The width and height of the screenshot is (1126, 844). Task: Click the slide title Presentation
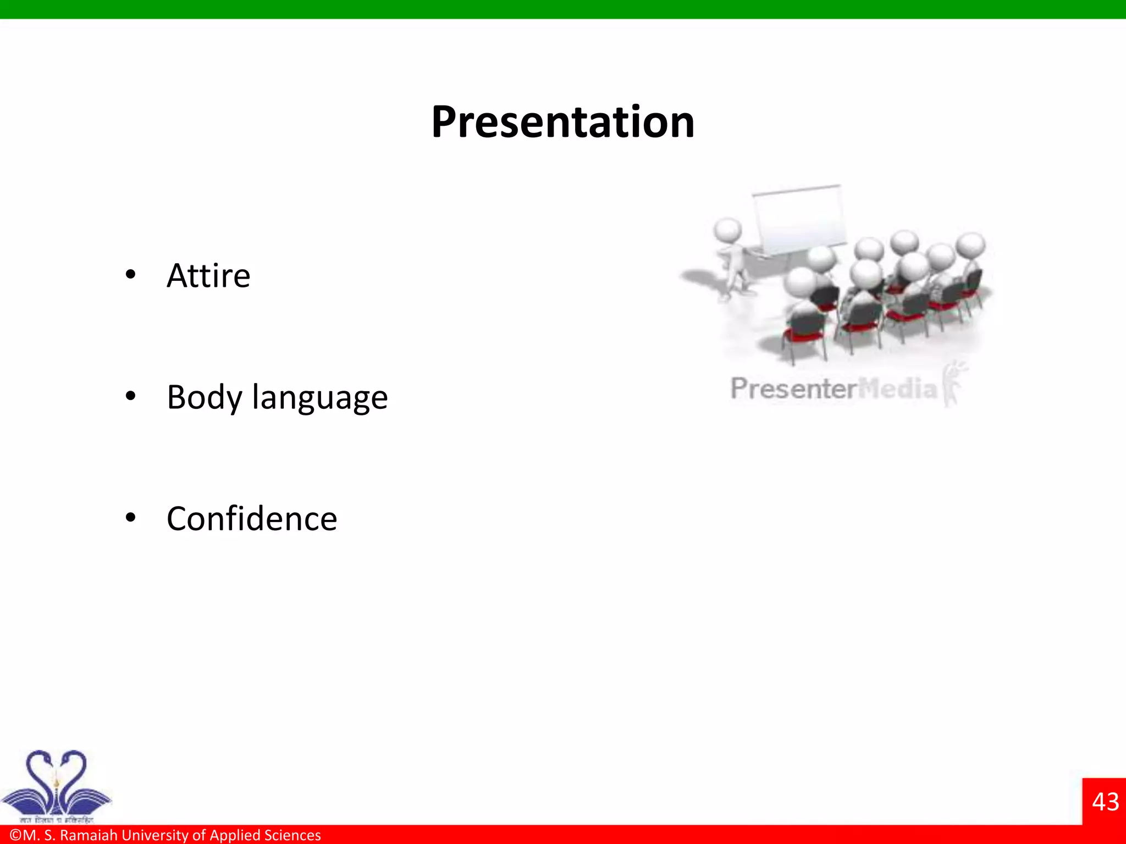[x=562, y=122]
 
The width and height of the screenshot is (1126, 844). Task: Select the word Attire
[x=208, y=275]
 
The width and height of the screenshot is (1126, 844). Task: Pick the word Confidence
[x=252, y=519]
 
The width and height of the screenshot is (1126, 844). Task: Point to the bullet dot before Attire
[x=130, y=274]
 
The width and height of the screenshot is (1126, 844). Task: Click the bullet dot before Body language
[x=130, y=396]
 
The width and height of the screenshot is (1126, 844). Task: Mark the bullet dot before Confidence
[x=130, y=517]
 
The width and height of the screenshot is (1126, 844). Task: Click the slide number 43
[x=1105, y=802]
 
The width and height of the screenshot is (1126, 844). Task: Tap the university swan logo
[x=56, y=785]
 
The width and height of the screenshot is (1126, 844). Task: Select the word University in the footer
[x=155, y=835]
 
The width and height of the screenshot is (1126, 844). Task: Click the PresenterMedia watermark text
[x=833, y=388]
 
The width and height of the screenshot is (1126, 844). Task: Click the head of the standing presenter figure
[x=727, y=230]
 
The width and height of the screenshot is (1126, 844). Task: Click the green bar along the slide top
[x=563, y=9]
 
